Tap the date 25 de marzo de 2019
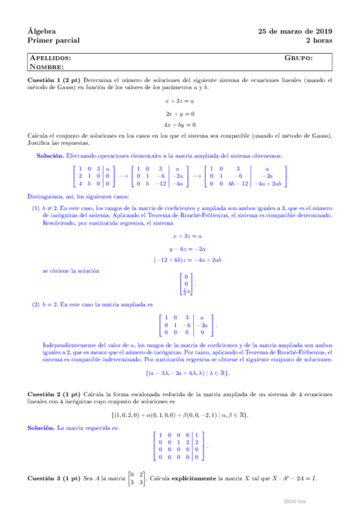coord(295,31)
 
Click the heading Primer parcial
coord(54,40)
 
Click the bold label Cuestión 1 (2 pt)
coord(54,80)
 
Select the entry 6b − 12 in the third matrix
coord(237,183)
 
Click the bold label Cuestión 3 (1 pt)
coord(54,479)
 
